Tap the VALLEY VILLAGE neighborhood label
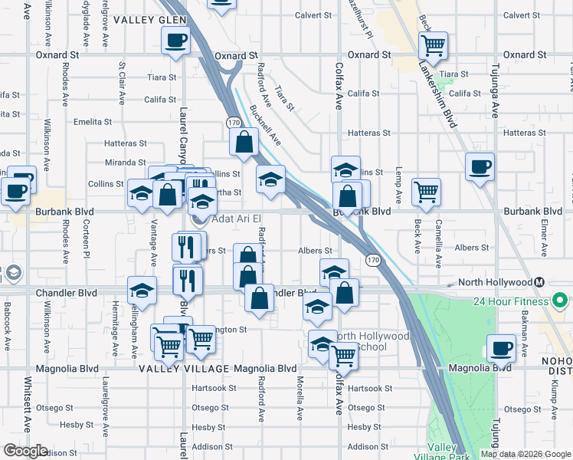tap(184, 369)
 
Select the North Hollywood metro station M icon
tap(539, 282)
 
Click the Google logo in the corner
tap(25, 451)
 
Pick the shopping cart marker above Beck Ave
tap(427, 192)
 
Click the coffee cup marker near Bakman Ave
tap(502, 348)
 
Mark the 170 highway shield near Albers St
tap(372, 260)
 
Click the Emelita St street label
tap(93, 122)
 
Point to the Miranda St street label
tap(126, 163)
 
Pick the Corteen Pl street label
tap(87, 238)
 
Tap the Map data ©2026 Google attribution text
tap(526, 454)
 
